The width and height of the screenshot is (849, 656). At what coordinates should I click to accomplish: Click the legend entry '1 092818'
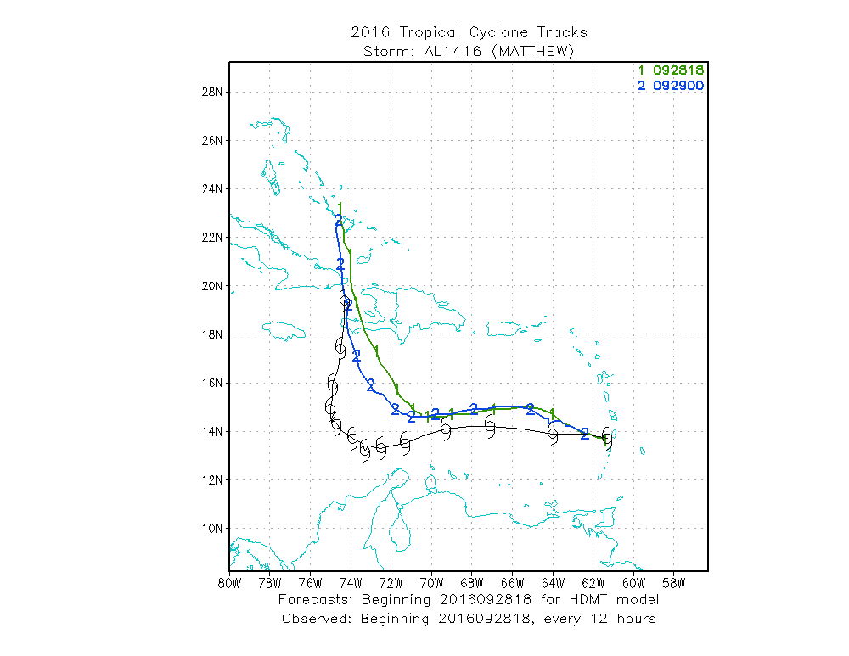coord(671,70)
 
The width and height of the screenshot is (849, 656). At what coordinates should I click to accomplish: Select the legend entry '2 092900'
coord(671,87)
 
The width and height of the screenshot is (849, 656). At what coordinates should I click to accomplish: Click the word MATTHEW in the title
coord(537,52)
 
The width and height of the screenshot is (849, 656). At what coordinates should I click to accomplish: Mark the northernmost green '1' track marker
coord(340,206)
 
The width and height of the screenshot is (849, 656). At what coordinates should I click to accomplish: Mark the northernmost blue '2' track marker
coord(339,221)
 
